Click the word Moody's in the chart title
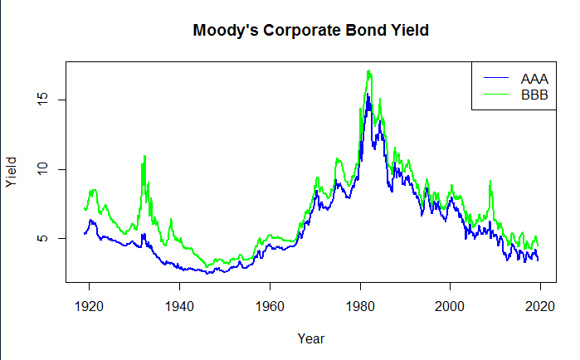(x=225, y=31)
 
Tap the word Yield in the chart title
(x=410, y=31)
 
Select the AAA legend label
(x=534, y=79)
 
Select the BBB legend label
(x=534, y=95)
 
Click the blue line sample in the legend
(x=496, y=77)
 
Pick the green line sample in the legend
(x=496, y=94)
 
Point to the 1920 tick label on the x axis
(x=89, y=306)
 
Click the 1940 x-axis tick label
(x=179, y=306)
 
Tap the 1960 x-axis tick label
(x=270, y=306)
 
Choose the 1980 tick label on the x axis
(x=360, y=306)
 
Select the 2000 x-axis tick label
(x=450, y=306)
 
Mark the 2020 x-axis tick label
(x=540, y=306)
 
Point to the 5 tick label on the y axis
(x=43, y=238)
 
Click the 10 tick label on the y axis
(x=43, y=169)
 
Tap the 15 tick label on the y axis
(x=43, y=100)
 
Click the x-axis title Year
(x=311, y=338)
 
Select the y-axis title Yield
(x=11, y=172)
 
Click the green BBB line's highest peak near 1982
(x=368, y=71)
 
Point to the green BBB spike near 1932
(x=144, y=156)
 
